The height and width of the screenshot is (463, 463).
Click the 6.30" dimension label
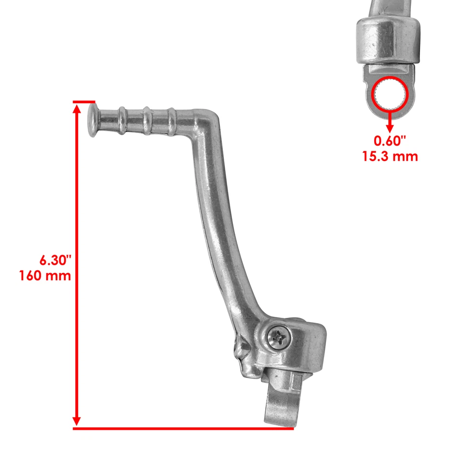point(55,260)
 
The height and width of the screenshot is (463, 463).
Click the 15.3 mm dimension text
point(390,156)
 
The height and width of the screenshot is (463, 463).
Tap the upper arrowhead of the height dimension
point(77,109)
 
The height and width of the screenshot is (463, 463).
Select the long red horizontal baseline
point(183,428)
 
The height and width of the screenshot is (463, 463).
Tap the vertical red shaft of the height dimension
point(77,217)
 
